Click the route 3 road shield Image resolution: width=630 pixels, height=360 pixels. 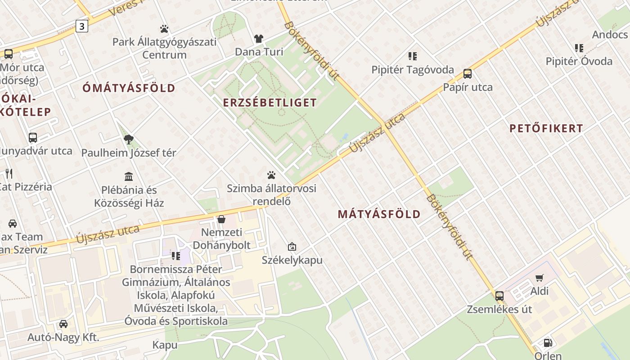pos(81,26)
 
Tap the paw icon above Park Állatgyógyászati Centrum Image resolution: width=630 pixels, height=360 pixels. pos(164,29)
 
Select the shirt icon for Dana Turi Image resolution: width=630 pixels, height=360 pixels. pos(259,39)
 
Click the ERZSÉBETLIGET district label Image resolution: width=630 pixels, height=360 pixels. pos(270,103)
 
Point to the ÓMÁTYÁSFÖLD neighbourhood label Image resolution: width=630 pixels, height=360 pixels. pos(129,88)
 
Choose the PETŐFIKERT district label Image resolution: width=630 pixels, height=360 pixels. pos(546,128)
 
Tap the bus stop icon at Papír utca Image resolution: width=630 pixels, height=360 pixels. pos(468,74)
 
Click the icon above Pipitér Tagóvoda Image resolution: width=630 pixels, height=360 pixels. pos(413,56)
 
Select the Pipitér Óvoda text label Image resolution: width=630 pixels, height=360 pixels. pos(579,61)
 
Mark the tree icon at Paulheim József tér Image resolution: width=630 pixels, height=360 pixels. pos(129,139)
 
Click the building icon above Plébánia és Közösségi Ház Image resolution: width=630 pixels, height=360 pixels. pos(129,176)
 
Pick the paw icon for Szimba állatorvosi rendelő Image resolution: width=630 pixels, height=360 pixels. pos(271,175)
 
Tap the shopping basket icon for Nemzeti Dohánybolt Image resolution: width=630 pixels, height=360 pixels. pos(221,219)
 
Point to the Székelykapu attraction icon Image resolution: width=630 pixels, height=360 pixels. pos(292,247)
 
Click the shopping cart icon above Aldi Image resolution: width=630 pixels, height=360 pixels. pos(539,278)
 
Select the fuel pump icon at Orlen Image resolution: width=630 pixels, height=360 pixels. pos(548,343)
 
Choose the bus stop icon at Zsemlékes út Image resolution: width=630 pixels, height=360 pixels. pos(499,296)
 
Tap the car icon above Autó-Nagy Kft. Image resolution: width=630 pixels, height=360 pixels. pos(63,324)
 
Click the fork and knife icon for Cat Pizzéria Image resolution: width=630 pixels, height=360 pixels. pos(9,173)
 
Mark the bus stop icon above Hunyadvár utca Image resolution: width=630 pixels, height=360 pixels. pos(33,138)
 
